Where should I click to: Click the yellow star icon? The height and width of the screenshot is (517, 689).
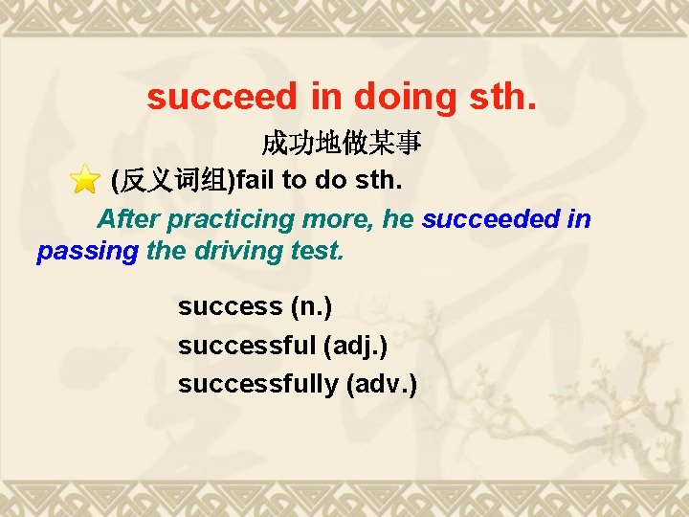point(85,179)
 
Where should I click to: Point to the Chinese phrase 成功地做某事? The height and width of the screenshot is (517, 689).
point(343,145)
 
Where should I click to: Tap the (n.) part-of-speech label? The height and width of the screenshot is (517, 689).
point(310,307)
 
